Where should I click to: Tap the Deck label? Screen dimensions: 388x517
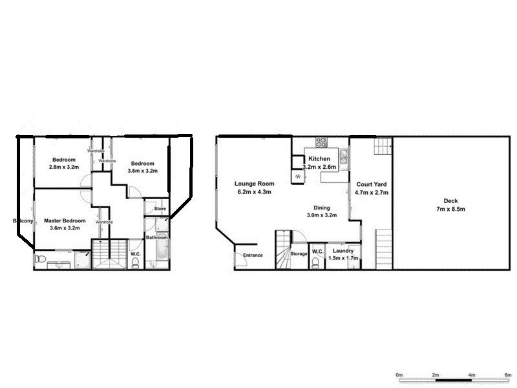pos(449,200)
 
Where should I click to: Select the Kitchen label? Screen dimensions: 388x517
pos(319,159)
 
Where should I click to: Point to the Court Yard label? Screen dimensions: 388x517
pos(372,184)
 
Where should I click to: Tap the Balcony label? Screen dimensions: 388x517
pos(23,221)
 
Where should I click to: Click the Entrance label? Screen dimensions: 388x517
pos(253,255)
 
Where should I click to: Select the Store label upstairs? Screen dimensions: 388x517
pos(160,209)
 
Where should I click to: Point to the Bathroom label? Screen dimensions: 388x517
pos(157,237)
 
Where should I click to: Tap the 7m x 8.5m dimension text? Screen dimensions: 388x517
pos(449,209)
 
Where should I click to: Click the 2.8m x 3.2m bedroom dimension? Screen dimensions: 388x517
pos(64,167)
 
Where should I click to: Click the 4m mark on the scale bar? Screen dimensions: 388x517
pos(472,375)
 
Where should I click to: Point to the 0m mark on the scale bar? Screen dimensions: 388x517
pos(399,375)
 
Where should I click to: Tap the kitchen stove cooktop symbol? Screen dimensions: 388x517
pos(321,143)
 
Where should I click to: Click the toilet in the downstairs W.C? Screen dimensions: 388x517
pos(315,262)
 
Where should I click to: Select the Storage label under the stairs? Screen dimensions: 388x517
pos(299,254)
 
